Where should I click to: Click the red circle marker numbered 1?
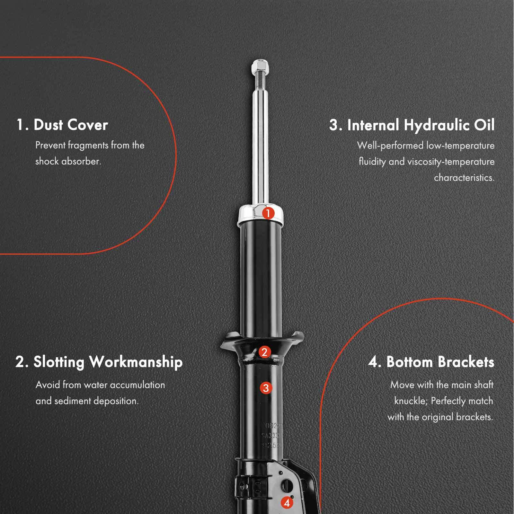(268, 213)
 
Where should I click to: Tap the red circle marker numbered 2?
(264, 352)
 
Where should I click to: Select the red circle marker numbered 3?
(266, 388)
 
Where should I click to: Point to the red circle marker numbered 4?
(287, 503)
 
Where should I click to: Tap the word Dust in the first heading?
(48, 125)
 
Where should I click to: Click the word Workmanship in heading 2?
(136, 362)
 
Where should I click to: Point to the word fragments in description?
(88, 146)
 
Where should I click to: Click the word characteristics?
(464, 178)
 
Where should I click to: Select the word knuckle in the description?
(410, 401)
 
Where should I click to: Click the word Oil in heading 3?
(484, 125)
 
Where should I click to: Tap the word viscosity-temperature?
(451, 162)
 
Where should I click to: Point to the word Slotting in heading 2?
(59, 362)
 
